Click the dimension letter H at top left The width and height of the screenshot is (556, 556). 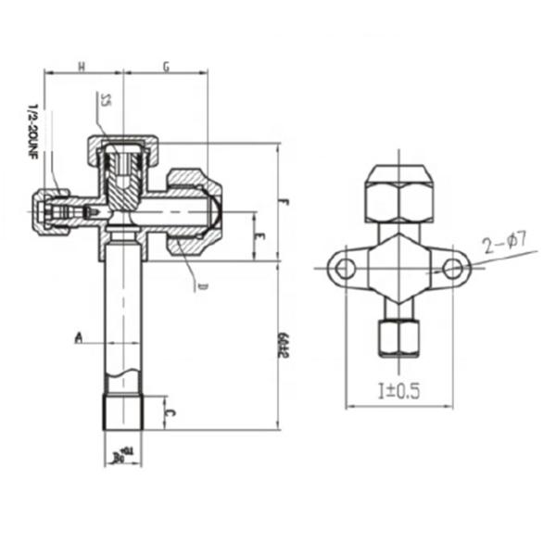[x=82, y=66]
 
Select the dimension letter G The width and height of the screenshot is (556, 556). [x=166, y=66]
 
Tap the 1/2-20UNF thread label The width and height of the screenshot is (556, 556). [x=30, y=134]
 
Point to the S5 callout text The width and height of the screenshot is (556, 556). [x=106, y=100]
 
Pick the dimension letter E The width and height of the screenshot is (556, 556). [x=262, y=237]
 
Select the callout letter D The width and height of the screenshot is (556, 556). [x=199, y=286]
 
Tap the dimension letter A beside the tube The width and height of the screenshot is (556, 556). [x=81, y=338]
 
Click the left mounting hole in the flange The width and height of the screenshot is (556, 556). [x=345, y=269]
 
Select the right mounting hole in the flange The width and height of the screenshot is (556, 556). [x=451, y=269]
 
